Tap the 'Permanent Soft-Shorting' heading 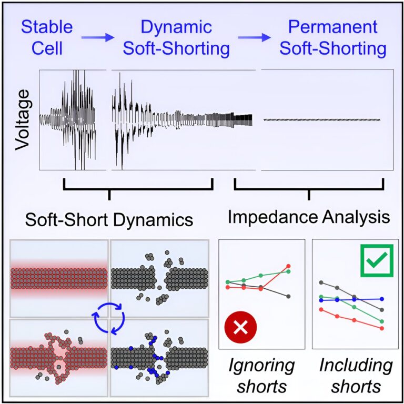point(333,38)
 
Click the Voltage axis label point(22,119)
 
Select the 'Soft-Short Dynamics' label point(109,218)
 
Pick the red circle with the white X point(240,327)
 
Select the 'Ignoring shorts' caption point(261,375)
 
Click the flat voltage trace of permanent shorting point(321,120)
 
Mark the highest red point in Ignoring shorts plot point(288,266)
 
